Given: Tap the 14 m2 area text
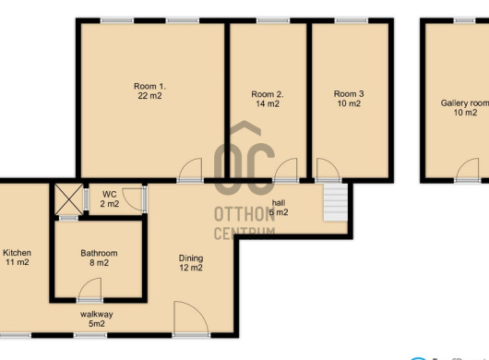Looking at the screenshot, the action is pos(268,104).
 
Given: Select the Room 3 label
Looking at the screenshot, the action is pos(349,93).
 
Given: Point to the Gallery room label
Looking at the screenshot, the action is pos(465,103).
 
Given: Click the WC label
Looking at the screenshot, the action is pos(110,195).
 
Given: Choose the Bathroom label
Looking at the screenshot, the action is pos(99,253).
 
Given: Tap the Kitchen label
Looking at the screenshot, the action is pos(17,253).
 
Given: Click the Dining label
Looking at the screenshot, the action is pos(191,258).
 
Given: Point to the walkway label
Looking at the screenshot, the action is pos(97,314).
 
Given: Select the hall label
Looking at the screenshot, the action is pos(279,203).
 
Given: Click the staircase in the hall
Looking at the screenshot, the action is pos(335,202).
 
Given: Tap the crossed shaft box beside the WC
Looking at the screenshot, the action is pos(69,199).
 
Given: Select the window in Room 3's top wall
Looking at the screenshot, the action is pos(352,20).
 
